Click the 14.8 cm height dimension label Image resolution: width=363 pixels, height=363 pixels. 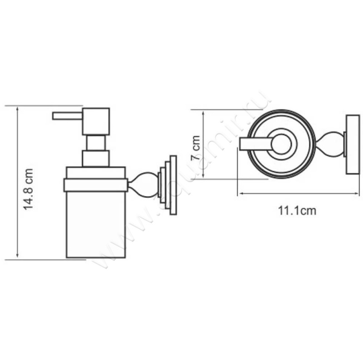(x=29, y=188)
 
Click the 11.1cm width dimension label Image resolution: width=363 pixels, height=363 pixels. (x=297, y=211)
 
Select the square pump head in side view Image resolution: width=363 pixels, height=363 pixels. (x=96, y=121)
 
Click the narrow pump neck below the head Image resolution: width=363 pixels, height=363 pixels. (x=96, y=143)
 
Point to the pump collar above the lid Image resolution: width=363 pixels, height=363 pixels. (x=96, y=158)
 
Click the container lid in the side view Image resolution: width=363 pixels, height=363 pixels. (x=96, y=173)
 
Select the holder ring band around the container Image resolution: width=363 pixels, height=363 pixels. (x=96, y=185)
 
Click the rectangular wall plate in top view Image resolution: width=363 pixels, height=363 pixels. (x=352, y=145)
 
